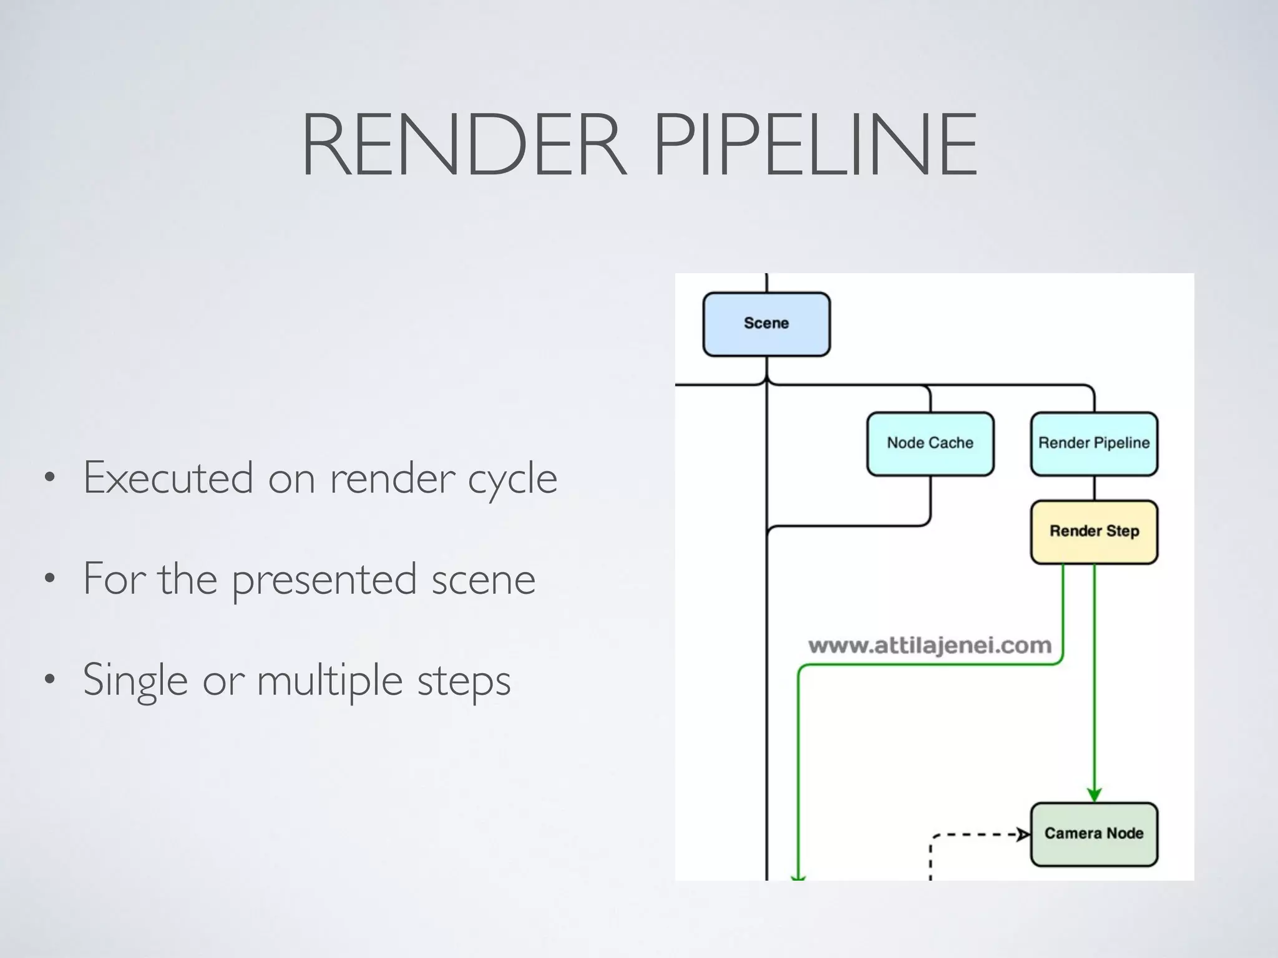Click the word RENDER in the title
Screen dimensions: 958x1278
click(463, 145)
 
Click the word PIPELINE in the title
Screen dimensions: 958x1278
click(815, 145)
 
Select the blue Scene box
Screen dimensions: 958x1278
click(766, 324)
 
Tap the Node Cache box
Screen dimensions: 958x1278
click(930, 443)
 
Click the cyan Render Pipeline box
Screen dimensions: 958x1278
click(1094, 443)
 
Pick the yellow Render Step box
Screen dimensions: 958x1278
click(1094, 531)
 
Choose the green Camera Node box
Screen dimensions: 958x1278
click(1094, 834)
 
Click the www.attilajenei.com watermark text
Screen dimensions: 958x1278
click(930, 646)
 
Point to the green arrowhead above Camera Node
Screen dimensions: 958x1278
click(1094, 795)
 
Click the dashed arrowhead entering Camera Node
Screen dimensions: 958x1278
click(1023, 834)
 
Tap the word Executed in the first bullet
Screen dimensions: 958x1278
click(168, 478)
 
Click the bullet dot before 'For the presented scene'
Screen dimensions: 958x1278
click(50, 579)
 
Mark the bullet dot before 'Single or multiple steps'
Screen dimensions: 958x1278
click(50, 680)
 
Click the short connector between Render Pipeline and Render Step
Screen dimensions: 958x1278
click(1094, 488)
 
